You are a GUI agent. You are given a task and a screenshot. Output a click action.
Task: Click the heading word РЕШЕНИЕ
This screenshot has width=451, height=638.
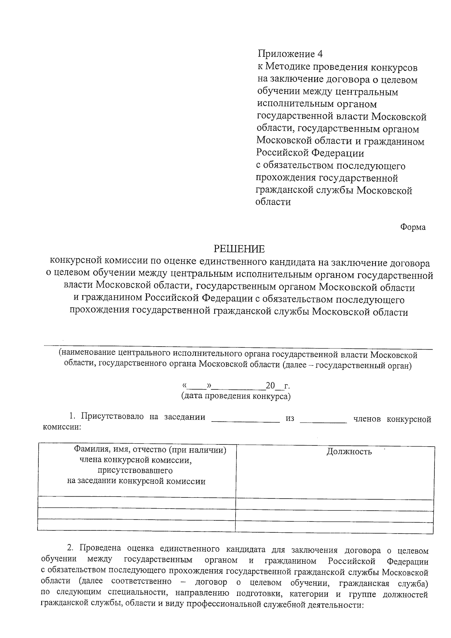[x=239, y=249]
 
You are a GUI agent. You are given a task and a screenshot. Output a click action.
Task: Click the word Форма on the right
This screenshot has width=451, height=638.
[x=413, y=227]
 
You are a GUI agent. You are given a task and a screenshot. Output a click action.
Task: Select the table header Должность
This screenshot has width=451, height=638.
[x=349, y=452]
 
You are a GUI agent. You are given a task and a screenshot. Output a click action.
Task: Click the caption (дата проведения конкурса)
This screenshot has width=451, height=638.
[x=236, y=396]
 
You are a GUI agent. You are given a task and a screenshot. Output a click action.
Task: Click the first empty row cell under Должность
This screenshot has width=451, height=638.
[x=334, y=505]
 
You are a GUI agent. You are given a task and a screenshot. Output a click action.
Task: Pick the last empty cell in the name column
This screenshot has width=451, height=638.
[x=136, y=524]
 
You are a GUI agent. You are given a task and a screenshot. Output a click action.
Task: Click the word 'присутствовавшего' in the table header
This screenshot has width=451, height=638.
[x=135, y=470]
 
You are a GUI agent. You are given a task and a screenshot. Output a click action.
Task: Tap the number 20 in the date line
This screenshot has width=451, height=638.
[x=270, y=386]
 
